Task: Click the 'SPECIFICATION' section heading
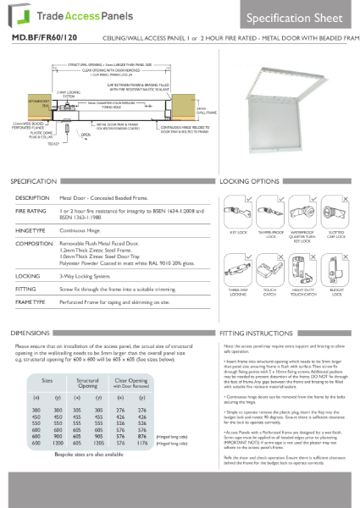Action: tap(35, 182)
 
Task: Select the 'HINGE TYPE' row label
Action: tap(30, 229)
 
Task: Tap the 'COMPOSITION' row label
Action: tap(34, 242)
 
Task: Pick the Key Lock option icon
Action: tap(238, 208)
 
